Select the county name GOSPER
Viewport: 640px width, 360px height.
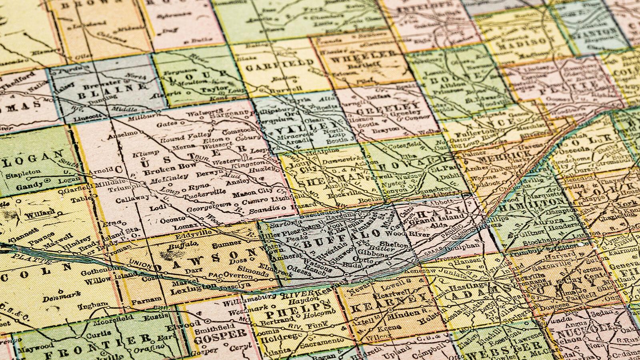tap(220, 334)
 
